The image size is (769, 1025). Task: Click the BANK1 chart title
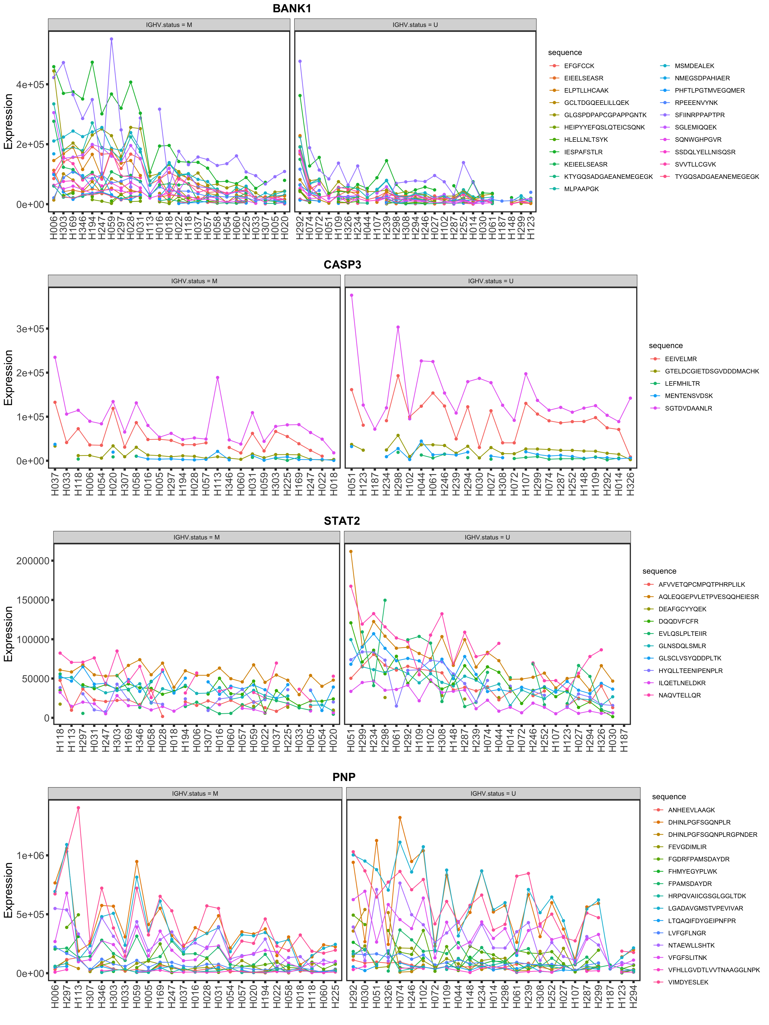click(292, 8)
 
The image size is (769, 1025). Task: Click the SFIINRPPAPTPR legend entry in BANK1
click(700, 115)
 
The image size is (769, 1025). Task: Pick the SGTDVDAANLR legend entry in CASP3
click(688, 408)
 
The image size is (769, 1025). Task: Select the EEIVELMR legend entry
click(680, 359)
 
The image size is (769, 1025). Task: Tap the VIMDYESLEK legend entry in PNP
click(688, 982)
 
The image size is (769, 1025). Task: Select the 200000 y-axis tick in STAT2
click(33, 561)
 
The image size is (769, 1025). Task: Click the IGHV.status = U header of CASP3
click(491, 281)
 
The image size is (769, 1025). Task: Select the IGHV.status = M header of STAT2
click(197, 538)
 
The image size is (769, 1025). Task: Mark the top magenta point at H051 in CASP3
click(351, 295)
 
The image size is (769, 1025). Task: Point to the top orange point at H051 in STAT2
click(351, 551)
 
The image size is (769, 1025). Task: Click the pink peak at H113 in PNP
click(78, 808)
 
